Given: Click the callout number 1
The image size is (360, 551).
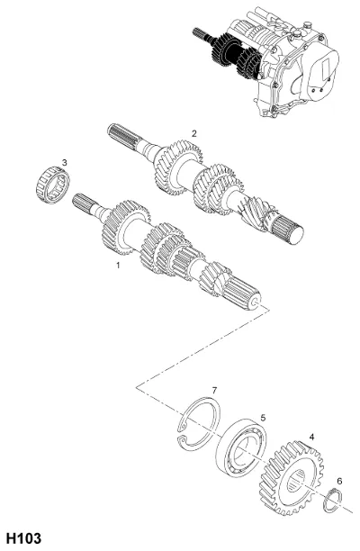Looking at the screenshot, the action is (119, 265).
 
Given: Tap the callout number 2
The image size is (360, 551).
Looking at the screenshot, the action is (194, 133).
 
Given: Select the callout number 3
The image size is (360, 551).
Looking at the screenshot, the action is (64, 162).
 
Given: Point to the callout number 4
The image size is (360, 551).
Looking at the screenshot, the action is (311, 437).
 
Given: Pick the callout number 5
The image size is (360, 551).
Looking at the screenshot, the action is (263, 418).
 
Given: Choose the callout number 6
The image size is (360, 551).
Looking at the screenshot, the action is (339, 481).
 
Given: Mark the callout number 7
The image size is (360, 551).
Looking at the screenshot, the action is (214, 391).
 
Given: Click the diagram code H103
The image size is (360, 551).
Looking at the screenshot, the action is (24, 538).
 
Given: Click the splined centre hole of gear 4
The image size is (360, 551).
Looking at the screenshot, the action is (296, 481).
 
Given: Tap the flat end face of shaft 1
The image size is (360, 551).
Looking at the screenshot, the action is (255, 302).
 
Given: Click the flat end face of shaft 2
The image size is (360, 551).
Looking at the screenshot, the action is (296, 236).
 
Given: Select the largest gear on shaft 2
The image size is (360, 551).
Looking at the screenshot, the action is (177, 168).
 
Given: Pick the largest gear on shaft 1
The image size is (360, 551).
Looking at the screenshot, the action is (125, 227).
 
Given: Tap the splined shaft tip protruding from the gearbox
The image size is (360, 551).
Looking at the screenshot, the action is (200, 33).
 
